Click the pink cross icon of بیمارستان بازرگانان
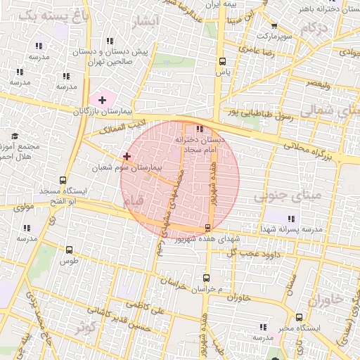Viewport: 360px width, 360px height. [x=103, y=101]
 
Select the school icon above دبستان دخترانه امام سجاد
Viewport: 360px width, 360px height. [x=200, y=129]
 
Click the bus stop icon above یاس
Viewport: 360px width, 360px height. [x=223, y=61]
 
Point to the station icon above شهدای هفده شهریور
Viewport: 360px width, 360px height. [x=207, y=227]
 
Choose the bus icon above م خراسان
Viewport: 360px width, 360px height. [x=205, y=278]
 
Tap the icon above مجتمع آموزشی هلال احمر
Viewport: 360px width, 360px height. [x=14, y=136]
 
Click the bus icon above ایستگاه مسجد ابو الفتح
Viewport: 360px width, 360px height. [x=64, y=180]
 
